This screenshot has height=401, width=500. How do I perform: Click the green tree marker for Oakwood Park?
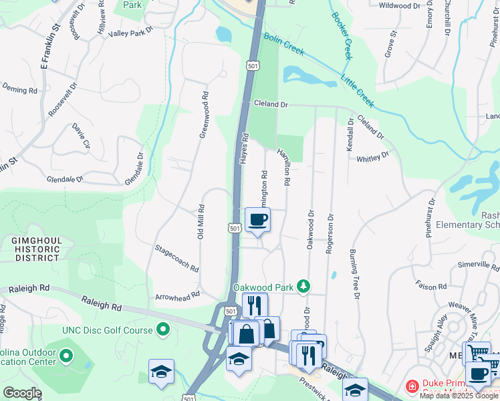[x=304, y=286]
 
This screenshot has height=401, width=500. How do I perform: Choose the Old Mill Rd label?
[x=201, y=221]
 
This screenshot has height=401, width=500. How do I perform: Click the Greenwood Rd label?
[x=205, y=114]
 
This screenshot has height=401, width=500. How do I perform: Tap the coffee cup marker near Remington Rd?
[x=257, y=220]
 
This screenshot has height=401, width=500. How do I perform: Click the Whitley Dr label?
[x=372, y=157]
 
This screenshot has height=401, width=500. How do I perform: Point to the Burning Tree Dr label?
[x=355, y=274]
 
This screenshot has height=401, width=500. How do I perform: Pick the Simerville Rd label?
[x=478, y=265]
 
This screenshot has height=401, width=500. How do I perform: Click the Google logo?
[x=21, y=392]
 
